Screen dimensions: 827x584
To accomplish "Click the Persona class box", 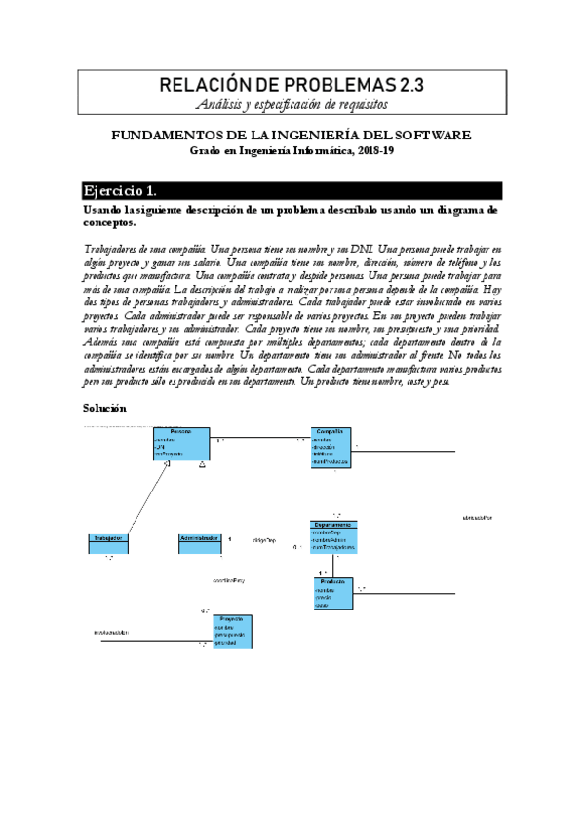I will coord(180,443).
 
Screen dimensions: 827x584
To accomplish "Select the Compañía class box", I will coord(331,447).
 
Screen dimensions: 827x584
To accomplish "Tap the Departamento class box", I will coord(333,536).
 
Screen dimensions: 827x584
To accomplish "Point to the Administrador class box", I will coord(202,544).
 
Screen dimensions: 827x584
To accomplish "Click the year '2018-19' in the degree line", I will coord(373,151).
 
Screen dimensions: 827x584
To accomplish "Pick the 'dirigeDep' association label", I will coord(265,539).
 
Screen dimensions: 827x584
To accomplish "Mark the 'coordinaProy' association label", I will coord(228,582).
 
